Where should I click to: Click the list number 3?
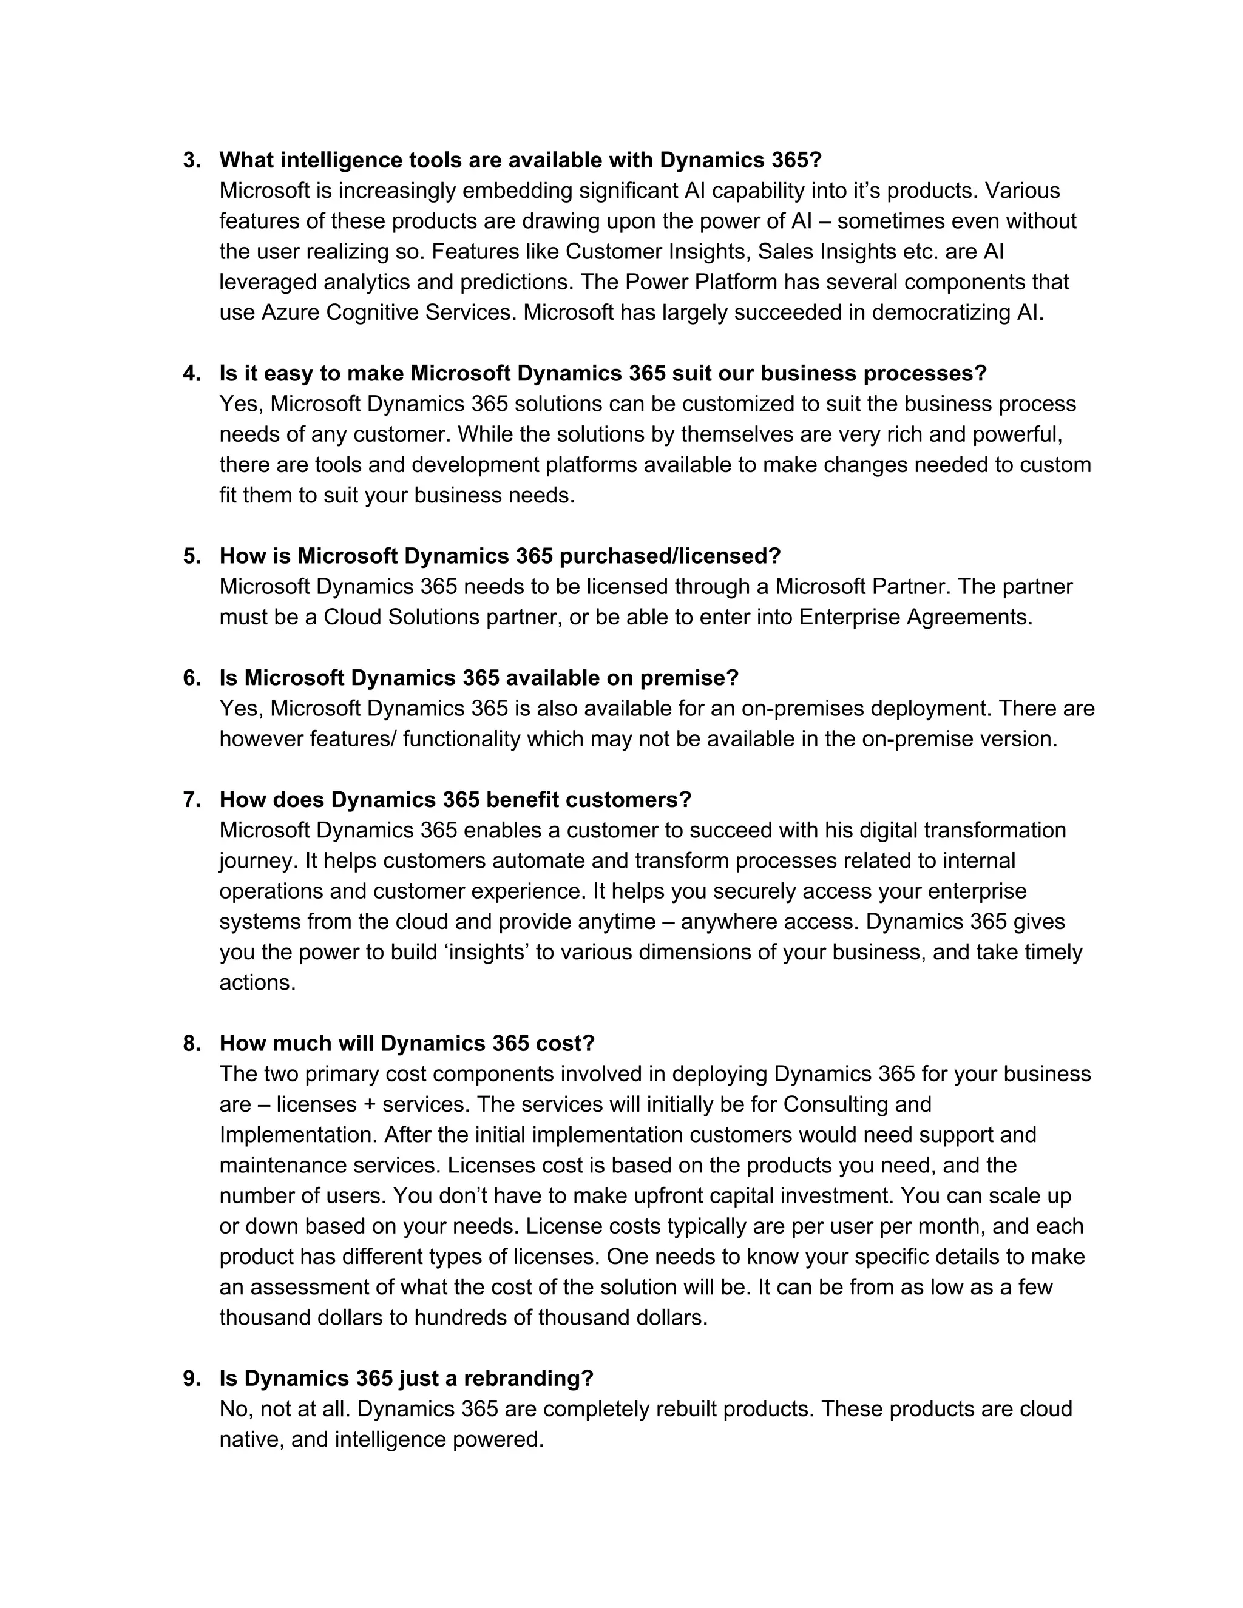click(191, 161)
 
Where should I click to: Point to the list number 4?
click(191, 374)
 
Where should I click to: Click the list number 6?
click(191, 678)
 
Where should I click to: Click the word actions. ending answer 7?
click(257, 983)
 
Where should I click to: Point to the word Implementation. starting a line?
click(298, 1135)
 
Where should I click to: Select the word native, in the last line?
click(252, 1440)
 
